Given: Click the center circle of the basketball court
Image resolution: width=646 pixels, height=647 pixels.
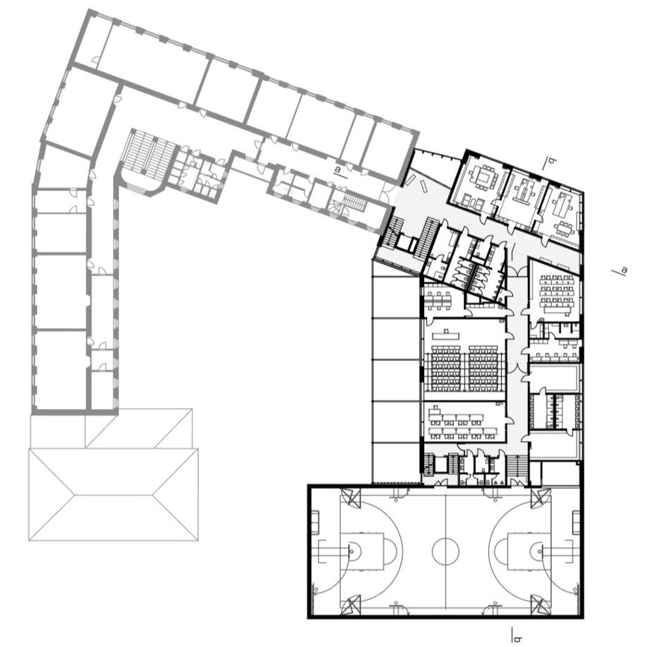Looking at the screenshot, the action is pyautogui.click(x=445, y=551).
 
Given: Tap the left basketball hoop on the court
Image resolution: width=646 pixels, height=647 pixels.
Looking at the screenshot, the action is pyautogui.click(x=352, y=551).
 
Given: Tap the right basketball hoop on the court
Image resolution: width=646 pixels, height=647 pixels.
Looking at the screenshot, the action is pyautogui.click(x=539, y=551).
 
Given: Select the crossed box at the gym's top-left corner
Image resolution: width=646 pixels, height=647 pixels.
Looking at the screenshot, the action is pyautogui.click(x=350, y=498).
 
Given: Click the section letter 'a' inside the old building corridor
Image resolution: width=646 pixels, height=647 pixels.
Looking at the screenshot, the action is pyautogui.click(x=338, y=169).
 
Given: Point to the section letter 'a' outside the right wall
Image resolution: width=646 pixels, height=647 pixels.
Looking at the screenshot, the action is pyautogui.click(x=624, y=271).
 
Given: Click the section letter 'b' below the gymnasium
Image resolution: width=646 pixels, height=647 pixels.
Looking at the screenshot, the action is pyautogui.click(x=516, y=640).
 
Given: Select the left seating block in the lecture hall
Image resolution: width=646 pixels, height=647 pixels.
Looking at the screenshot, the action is pyautogui.click(x=446, y=368).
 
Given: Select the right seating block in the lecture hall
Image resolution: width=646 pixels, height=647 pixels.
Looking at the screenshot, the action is pyautogui.click(x=484, y=368).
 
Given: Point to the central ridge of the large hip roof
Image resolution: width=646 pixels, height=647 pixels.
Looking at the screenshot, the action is pyautogui.click(x=114, y=494).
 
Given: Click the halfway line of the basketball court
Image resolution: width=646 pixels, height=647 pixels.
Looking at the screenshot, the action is pyautogui.click(x=445, y=551).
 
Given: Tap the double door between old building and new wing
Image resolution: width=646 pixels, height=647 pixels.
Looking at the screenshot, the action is pyautogui.click(x=388, y=190).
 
